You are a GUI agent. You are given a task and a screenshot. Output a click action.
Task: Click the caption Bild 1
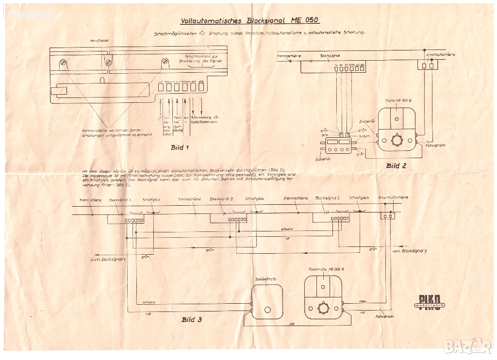tap(180, 147)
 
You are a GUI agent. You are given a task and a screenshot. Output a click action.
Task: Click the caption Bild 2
tap(396, 165)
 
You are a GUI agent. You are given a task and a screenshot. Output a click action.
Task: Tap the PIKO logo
tap(428, 301)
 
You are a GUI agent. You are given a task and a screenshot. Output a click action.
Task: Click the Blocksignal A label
tap(120, 199)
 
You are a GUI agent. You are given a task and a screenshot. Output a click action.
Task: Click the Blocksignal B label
tap(222, 199)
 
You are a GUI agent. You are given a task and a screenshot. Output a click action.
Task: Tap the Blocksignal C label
tap(327, 198)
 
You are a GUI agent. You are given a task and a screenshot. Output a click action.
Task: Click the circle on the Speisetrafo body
tap(267, 310)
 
